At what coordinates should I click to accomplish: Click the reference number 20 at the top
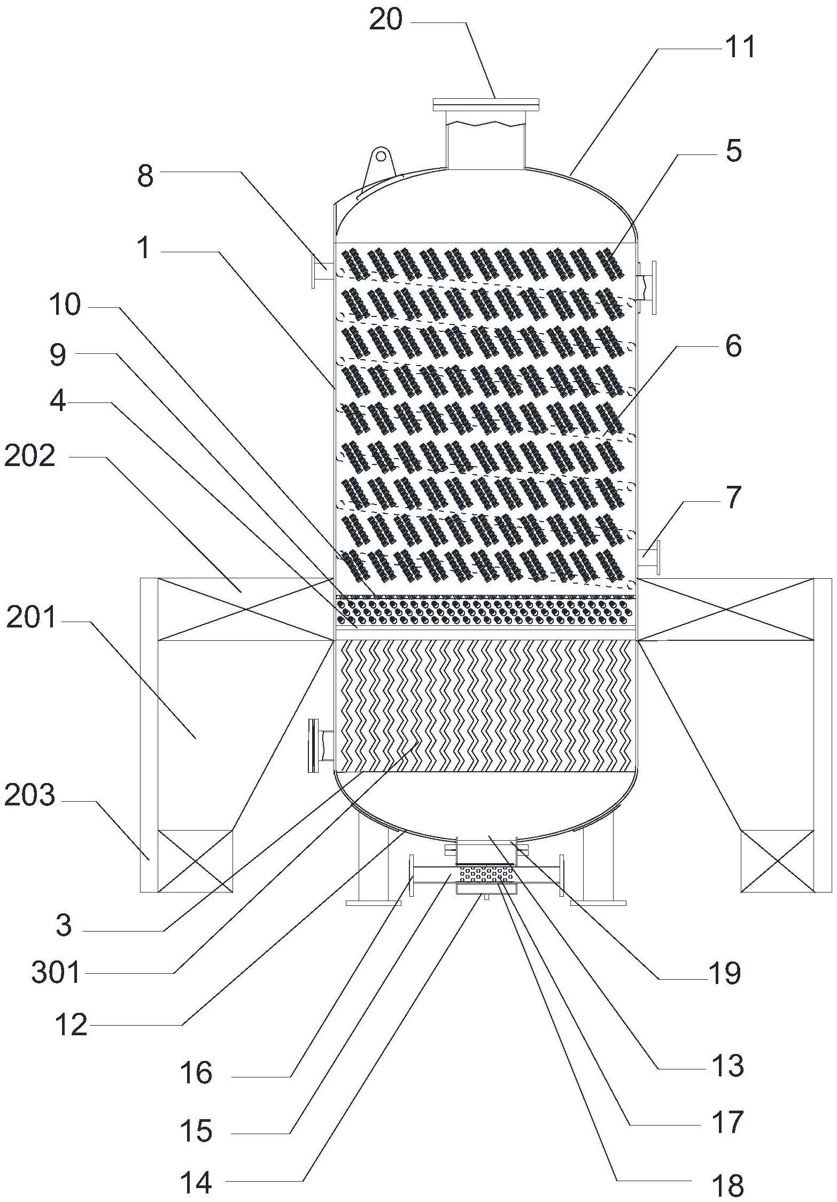385,21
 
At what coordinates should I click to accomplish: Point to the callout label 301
56,972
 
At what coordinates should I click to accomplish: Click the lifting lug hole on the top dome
381,156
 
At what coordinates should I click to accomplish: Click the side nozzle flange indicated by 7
657,557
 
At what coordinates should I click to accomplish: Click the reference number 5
733,151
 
